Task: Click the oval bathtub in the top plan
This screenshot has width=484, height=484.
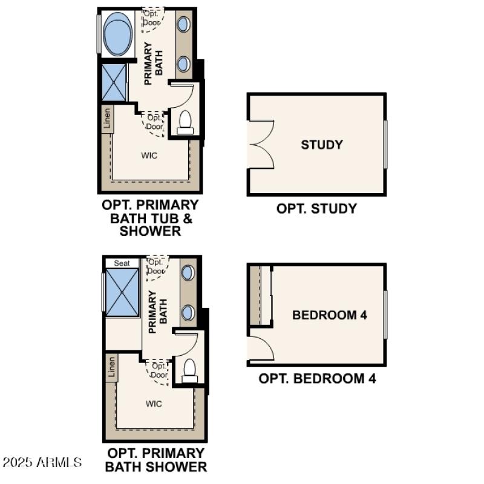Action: click(x=119, y=34)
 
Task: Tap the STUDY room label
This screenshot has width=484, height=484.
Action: click(x=322, y=145)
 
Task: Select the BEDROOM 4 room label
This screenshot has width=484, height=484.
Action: click(x=330, y=315)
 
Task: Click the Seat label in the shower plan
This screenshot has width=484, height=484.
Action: click(x=122, y=263)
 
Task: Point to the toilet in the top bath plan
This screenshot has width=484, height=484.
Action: click(x=186, y=122)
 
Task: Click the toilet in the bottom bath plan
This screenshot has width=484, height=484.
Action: click(x=189, y=370)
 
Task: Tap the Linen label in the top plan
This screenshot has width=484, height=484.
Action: click(x=108, y=119)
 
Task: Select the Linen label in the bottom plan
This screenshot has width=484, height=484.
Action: click(x=111, y=367)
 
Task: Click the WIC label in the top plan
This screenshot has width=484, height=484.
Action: click(x=149, y=155)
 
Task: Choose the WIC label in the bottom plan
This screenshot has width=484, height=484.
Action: click(x=154, y=404)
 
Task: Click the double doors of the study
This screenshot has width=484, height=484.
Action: click(x=262, y=144)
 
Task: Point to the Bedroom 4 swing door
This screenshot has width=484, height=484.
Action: click(x=261, y=346)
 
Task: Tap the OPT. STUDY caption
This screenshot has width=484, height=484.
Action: click(x=316, y=209)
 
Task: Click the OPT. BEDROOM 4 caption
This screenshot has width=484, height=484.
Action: click(x=317, y=379)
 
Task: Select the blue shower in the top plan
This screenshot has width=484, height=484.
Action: click(x=114, y=82)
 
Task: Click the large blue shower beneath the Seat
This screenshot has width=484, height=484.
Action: click(x=123, y=292)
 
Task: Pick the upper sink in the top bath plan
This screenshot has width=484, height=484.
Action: click(x=184, y=25)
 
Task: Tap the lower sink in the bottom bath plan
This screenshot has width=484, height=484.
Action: click(x=188, y=312)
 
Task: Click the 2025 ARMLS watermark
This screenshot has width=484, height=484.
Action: click(x=42, y=463)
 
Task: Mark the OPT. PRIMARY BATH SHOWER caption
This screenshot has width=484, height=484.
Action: click(x=155, y=460)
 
